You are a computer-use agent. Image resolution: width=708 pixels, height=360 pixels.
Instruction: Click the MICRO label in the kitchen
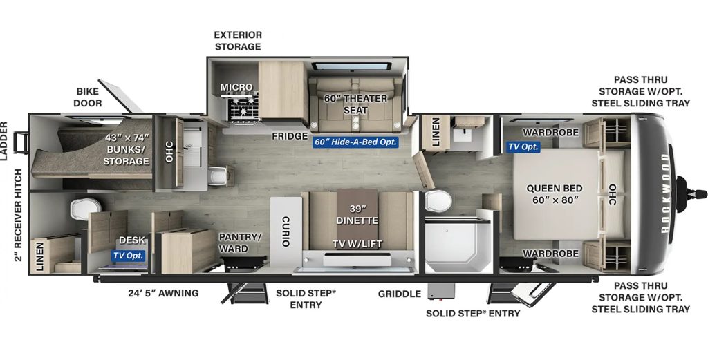click(x=236, y=87)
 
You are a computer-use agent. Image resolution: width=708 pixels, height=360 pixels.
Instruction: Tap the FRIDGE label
click(x=289, y=135)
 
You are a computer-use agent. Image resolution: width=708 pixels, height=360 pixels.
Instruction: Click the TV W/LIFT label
click(x=357, y=243)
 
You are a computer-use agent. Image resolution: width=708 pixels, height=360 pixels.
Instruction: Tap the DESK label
click(x=131, y=240)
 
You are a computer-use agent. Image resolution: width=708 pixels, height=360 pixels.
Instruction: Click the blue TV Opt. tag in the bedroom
click(x=522, y=146)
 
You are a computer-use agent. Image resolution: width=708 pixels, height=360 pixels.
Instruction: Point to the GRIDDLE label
click(x=399, y=294)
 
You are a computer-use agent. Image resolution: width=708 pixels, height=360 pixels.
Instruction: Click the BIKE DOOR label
click(x=88, y=97)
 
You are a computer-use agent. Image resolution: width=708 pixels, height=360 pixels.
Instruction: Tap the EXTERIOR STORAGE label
click(x=237, y=41)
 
